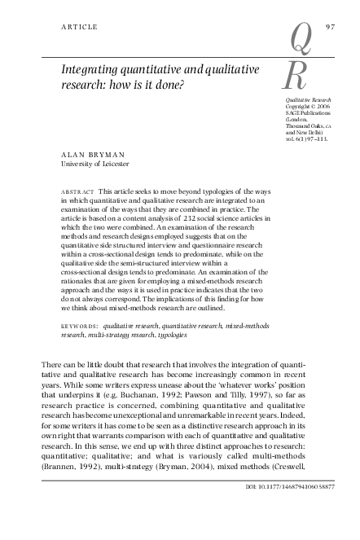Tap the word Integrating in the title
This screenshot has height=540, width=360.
[92, 69]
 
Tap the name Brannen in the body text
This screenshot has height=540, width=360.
[64, 492]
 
